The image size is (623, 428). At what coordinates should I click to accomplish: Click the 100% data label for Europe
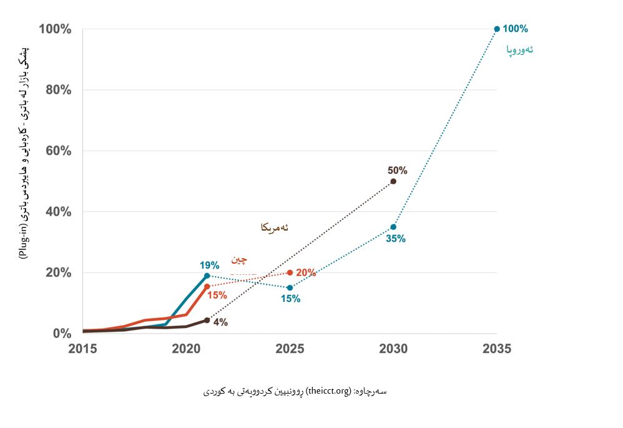515,29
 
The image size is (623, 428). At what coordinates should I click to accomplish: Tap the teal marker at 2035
497,29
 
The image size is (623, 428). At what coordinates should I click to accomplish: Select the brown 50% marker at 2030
393,181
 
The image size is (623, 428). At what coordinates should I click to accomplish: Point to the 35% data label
396,239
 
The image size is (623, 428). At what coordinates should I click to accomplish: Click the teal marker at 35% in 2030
393,227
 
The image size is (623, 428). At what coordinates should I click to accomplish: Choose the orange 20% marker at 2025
290,272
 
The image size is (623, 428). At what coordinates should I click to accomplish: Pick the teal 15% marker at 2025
290,287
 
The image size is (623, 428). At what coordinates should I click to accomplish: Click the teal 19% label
209,265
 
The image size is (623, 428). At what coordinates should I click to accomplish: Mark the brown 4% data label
220,322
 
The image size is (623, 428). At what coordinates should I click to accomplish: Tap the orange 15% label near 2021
217,295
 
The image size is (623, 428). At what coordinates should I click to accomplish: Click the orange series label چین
239,259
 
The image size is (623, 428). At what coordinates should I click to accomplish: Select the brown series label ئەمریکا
275,227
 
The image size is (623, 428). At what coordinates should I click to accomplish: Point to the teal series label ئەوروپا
519,49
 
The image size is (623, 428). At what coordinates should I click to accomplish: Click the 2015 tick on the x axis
82,349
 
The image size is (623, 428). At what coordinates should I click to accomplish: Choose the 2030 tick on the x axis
393,349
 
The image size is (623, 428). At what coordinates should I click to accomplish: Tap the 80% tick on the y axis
55,90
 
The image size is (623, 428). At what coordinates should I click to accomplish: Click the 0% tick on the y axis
61,334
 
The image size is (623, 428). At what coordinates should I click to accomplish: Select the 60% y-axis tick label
55,151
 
